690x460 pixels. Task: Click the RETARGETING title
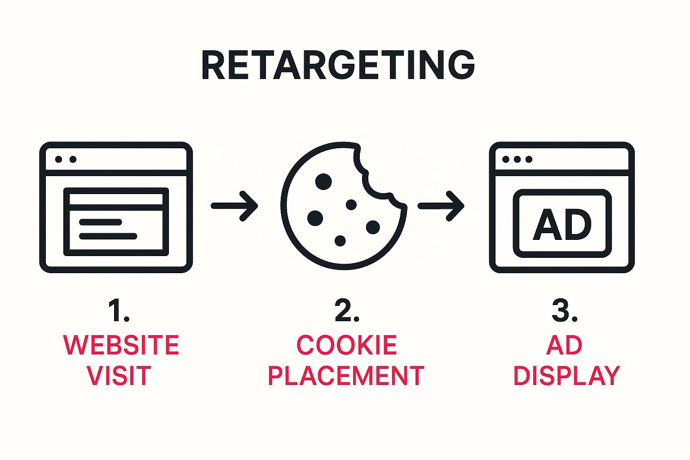pos(338,66)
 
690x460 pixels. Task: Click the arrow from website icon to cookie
pos(234,206)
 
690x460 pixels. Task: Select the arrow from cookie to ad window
pos(441,206)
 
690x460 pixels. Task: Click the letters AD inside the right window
pos(562,224)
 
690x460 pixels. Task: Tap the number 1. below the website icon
pos(119,310)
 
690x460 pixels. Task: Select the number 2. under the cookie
pos(347,310)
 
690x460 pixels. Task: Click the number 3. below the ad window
pos(564,310)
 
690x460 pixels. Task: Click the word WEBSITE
pos(121,345)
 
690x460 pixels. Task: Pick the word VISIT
pos(119,376)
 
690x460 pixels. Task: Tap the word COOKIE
pos(347,345)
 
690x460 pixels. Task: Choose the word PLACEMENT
pos(346,376)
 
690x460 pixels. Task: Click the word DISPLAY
pos(566,376)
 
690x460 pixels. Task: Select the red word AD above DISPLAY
pos(564,345)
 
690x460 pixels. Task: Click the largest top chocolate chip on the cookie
pos(323,181)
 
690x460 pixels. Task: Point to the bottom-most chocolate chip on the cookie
pos(340,241)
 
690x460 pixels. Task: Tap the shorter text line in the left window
pos(101,222)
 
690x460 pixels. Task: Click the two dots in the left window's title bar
pos(66,159)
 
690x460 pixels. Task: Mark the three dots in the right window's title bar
pos(517,159)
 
